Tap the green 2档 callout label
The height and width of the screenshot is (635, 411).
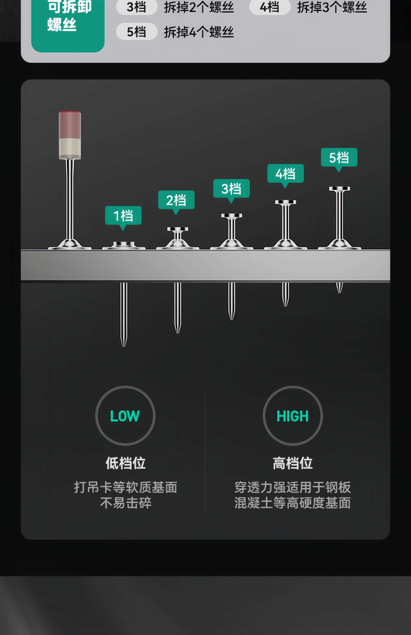click(176, 200)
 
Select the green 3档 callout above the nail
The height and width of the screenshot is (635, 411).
click(231, 189)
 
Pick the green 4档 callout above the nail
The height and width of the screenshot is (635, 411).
click(285, 174)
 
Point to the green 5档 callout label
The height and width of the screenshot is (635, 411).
click(339, 157)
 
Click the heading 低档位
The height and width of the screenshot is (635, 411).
click(125, 463)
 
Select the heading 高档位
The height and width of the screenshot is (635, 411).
click(292, 463)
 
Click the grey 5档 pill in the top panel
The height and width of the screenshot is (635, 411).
click(136, 32)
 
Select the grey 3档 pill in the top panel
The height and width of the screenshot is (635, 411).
click(136, 7)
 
